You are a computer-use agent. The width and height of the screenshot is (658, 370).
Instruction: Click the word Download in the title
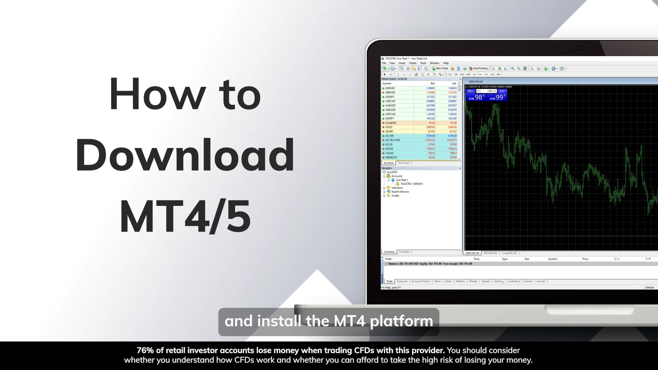[x=185, y=155]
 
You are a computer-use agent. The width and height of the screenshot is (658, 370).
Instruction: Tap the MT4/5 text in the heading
[x=185, y=216]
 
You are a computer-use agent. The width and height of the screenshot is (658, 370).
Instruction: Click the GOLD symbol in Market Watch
[x=389, y=127]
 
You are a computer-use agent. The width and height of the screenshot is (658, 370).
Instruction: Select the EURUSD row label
[x=390, y=88]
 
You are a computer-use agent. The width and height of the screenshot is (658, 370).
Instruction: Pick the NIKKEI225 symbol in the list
[x=391, y=158]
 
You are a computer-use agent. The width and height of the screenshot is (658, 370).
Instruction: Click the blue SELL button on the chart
[x=471, y=91]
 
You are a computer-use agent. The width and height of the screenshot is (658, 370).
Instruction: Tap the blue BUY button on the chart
[x=502, y=91]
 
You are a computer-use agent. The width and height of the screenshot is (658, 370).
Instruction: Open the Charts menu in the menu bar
[x=413, y=63]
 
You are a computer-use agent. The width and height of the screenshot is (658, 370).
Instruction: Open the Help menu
[x=446, y=63]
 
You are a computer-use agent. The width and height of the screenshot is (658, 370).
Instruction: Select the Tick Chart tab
[x=403, y=163]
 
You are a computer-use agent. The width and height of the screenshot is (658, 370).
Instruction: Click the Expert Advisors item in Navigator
[x=400, y=192]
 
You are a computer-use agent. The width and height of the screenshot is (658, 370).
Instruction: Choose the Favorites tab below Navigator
[x=404, y=252]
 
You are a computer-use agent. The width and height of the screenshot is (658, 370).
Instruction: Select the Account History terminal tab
[x=421, y=281]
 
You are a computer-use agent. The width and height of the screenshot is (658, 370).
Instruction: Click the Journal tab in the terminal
[x=540, y=281]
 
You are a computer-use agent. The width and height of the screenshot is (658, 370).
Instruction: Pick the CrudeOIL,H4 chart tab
[x=509, y=253]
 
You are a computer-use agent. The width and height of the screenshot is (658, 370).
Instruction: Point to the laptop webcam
[x=582, y=48]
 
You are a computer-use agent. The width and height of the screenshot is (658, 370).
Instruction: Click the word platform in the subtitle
[x=401, y=321]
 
